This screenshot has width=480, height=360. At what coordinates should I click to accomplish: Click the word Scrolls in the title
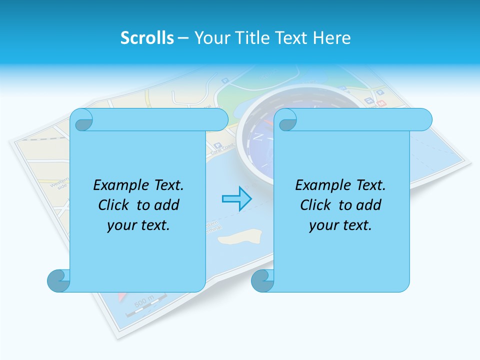pos(147,37)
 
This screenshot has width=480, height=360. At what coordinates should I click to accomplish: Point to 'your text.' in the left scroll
pos(138,225)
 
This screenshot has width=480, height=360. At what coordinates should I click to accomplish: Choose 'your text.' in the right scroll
pos(340,225)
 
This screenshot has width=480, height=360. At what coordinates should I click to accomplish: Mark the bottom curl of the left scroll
pos(58,280)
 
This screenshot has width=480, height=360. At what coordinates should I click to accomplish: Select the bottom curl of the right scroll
pos(262,280)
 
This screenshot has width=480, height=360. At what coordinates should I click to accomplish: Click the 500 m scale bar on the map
pos(145,306)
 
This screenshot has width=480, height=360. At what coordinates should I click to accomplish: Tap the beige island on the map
pos(240,236)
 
